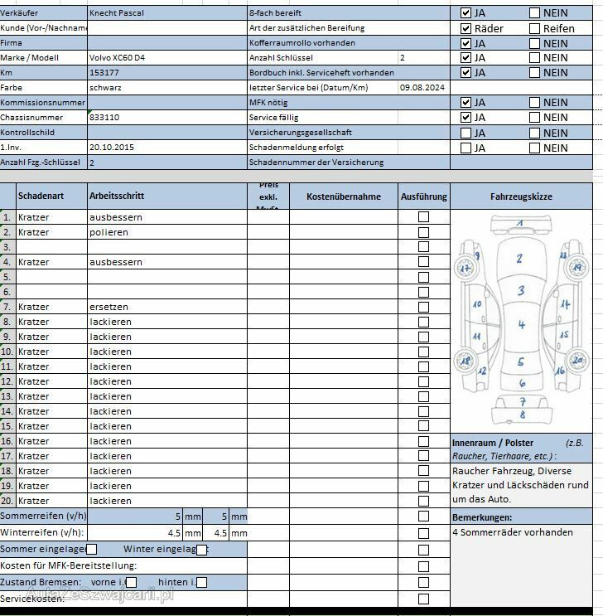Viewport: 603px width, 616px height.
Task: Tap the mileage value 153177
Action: pos(104,73)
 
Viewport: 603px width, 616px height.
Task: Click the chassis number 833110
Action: pos(104,118)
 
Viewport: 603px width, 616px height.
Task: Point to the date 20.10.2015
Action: pos(112,148)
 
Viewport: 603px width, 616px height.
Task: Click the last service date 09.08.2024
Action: pos(422,88)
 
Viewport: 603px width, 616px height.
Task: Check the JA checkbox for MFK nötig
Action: pos(466,103)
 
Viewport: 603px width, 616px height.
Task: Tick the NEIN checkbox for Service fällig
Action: pos(534,118)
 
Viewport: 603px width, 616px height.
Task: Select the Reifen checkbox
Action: pos(534,28)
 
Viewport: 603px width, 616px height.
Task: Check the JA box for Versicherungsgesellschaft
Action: pos(466,133)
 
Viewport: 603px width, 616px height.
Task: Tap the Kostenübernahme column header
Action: pos(344,197)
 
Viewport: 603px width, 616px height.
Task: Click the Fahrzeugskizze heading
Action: pos(521,197)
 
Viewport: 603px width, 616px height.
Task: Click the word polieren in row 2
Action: pos(109,232)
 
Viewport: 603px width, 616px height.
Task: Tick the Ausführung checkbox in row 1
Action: pos(423,217)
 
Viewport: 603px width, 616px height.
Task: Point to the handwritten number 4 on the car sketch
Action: pos(522,324)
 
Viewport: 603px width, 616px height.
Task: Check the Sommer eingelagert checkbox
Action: pos(92,549)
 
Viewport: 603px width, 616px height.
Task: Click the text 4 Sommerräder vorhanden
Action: pos(513,533)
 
